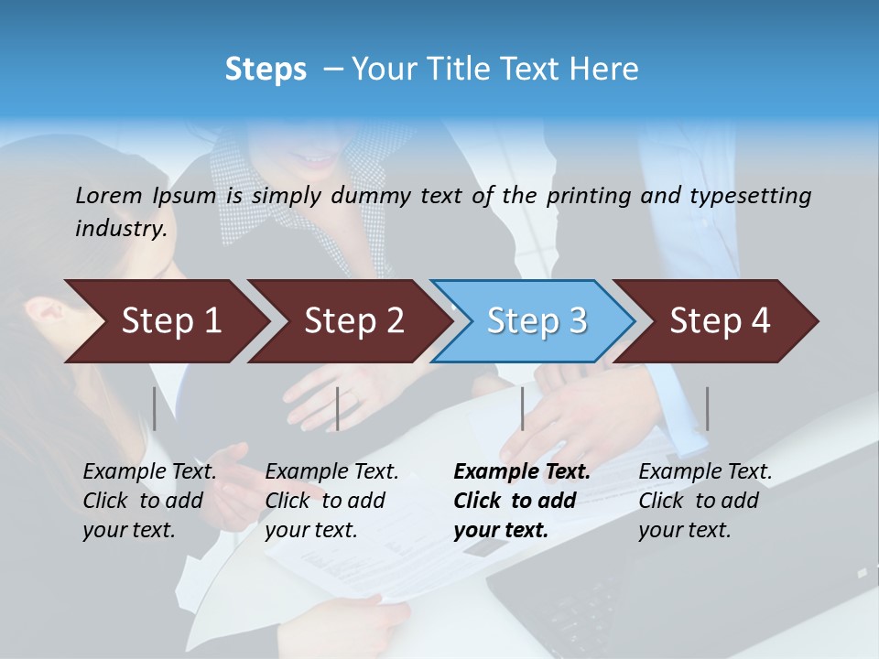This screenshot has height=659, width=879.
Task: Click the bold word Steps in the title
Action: pos(266,70)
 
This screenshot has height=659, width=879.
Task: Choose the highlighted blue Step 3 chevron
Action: pos(537,321)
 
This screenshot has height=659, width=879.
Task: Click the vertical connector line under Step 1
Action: pos(155,408)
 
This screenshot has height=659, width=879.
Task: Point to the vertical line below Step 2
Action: pos(338,408)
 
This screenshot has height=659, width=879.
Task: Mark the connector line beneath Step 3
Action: pos(522,408)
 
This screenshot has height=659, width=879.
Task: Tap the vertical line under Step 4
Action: pos(707,408)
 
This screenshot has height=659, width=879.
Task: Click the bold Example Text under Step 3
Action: pos(522,501)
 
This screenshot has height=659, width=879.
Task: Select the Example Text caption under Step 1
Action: pos(149,501)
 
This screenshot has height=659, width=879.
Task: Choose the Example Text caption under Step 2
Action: pos(331,501)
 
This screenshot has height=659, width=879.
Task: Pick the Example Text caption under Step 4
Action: pos(705,501)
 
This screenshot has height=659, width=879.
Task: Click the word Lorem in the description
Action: pos(109,196)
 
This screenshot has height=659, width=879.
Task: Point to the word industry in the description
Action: pos(121,229)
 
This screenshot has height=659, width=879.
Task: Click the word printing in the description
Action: pos(587,196)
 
